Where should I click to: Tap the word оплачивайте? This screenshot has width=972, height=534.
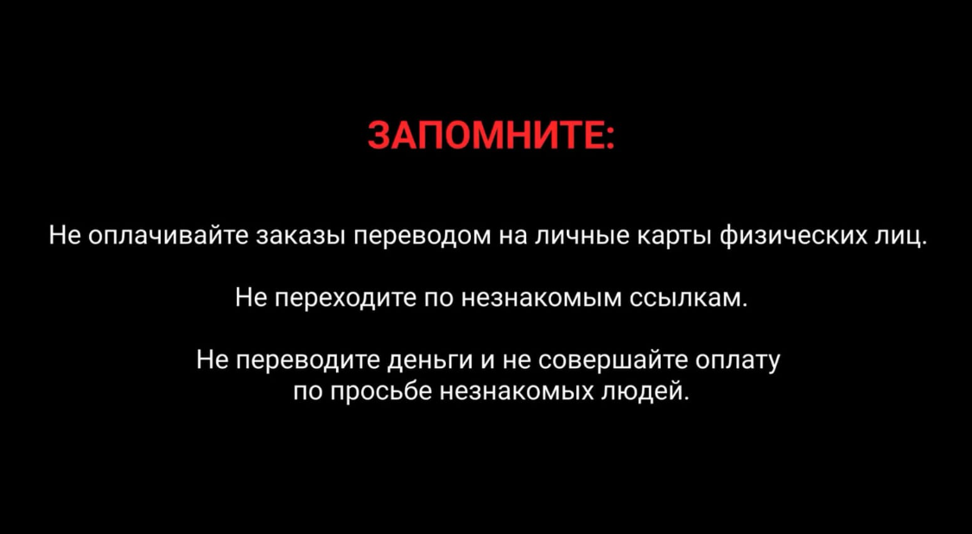[x=168, y=236]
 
